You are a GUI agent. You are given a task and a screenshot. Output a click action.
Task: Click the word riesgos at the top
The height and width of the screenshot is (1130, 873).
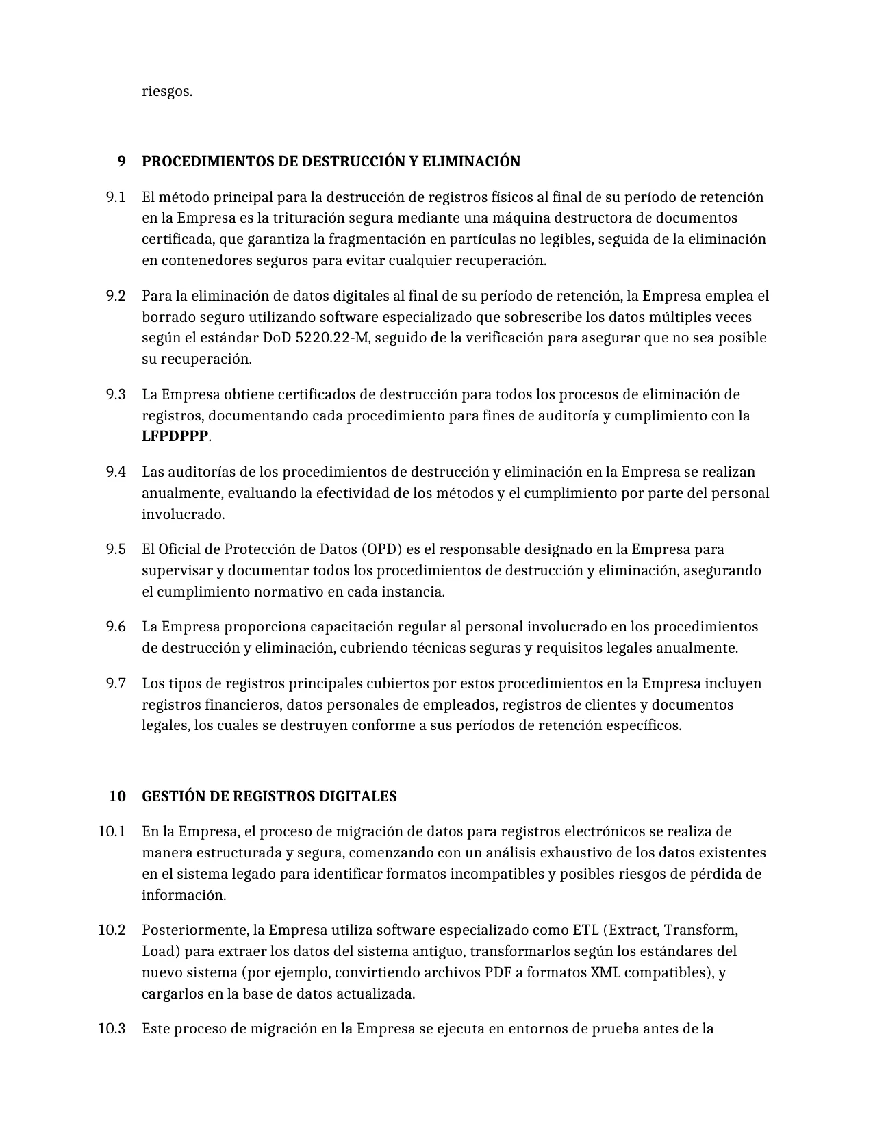point(166,91)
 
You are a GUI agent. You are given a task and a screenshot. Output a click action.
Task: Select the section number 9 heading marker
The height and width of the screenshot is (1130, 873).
point(121,162)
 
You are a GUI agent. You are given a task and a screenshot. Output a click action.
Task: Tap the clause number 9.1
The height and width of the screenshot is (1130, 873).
point(116,197)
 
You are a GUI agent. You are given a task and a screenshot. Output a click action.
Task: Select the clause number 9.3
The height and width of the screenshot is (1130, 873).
point(116,394)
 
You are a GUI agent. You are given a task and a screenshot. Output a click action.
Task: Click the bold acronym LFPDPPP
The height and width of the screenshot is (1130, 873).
point(175,436)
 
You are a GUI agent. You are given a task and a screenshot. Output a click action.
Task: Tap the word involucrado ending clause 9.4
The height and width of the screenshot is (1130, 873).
point(182,514)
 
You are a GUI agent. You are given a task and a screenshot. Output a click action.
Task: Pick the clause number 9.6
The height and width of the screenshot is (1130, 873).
point(116,627)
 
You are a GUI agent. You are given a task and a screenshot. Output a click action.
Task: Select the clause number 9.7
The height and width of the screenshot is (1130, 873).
point(116,683)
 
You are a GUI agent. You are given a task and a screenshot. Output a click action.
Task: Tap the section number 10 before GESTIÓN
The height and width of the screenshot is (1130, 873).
point(117,796)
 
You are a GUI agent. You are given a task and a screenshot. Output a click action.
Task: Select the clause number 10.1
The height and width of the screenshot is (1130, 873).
point(112,831)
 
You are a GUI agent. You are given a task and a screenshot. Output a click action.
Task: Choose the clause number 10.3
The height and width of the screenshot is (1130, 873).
point(112,1029)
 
